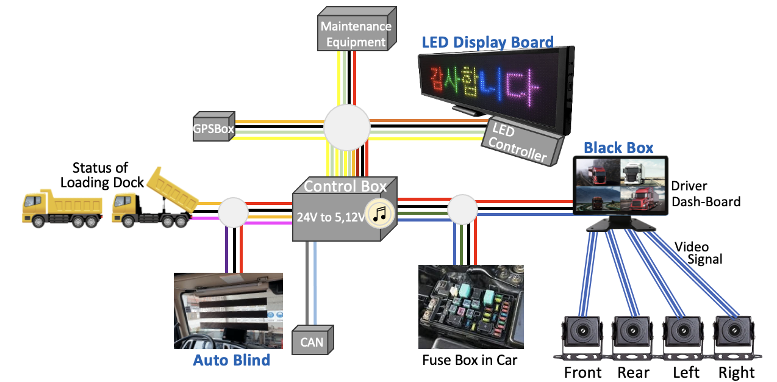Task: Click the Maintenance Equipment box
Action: point(356,34)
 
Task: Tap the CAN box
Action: point(311,342)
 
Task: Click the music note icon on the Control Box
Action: point(379,213)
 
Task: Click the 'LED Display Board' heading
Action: point(488,42)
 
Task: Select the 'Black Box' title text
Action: point(618,148)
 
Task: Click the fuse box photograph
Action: point(471,306)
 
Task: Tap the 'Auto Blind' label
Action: point(231,360)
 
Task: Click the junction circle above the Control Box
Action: point(346,127)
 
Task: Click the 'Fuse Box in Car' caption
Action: point(470,360)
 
